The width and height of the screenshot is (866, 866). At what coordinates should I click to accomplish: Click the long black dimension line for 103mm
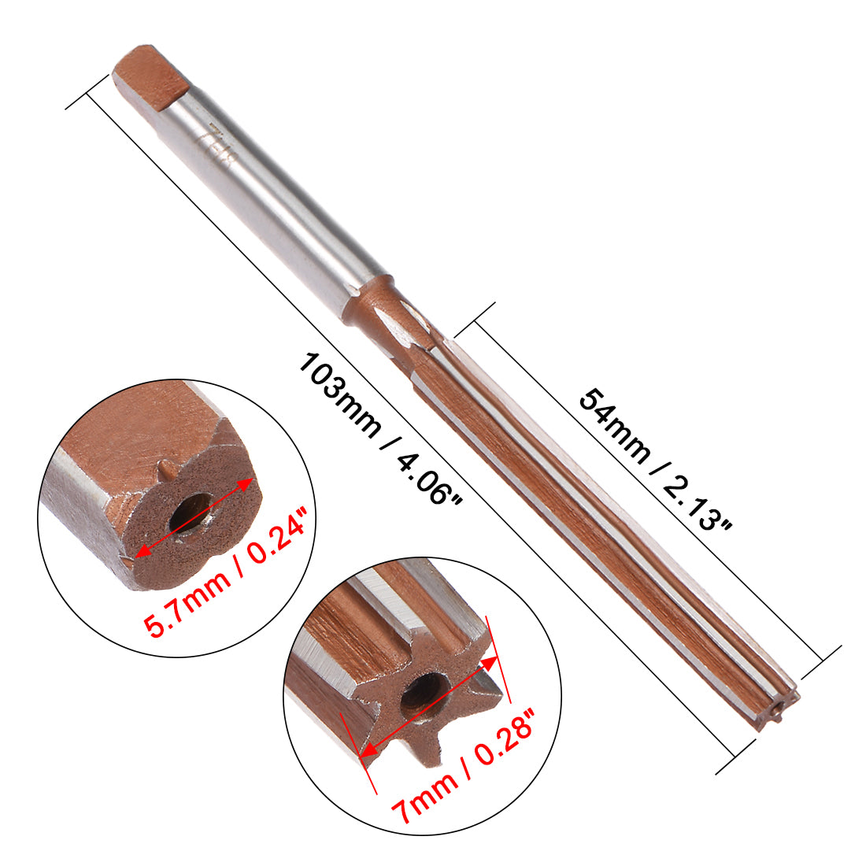coord(409,425)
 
